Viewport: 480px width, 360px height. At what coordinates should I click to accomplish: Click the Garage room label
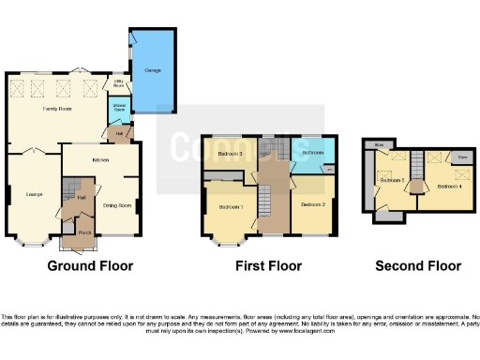[x=146, y=70]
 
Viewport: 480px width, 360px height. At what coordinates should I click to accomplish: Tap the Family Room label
[x=58, y=109]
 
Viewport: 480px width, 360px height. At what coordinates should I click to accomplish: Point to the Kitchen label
[x=101, y=159]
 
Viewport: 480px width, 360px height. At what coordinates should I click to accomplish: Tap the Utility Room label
[x=120, y=84]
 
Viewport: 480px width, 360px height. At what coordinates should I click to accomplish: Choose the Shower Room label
[x=120, y=106]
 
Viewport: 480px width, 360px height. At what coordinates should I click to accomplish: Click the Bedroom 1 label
[x=231, y=206]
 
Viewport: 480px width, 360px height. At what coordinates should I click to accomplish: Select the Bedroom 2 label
[x=312, y=203]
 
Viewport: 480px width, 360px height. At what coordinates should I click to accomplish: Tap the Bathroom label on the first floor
[x=312, y=152]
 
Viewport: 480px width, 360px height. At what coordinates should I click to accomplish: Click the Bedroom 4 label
[x=449, y=186]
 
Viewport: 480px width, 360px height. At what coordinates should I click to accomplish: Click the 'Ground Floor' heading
[x=90, y=266]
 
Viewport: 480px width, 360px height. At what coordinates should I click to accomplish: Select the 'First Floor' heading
[x=269, y=266]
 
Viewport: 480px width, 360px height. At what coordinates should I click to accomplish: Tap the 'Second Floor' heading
[x=418, y=266]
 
